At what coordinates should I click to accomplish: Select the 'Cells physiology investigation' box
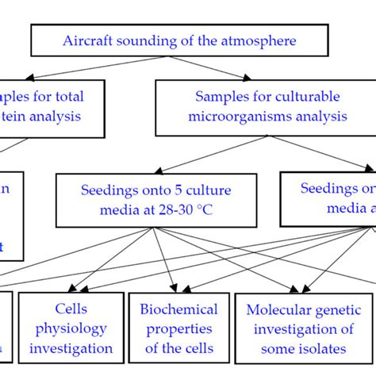coord(71,328)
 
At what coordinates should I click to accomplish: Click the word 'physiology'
coord(71,328)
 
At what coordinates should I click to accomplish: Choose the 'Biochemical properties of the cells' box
coord(178,328)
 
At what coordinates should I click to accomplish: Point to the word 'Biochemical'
coord(178,309)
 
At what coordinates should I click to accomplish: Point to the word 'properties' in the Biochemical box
coord(178,328)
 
